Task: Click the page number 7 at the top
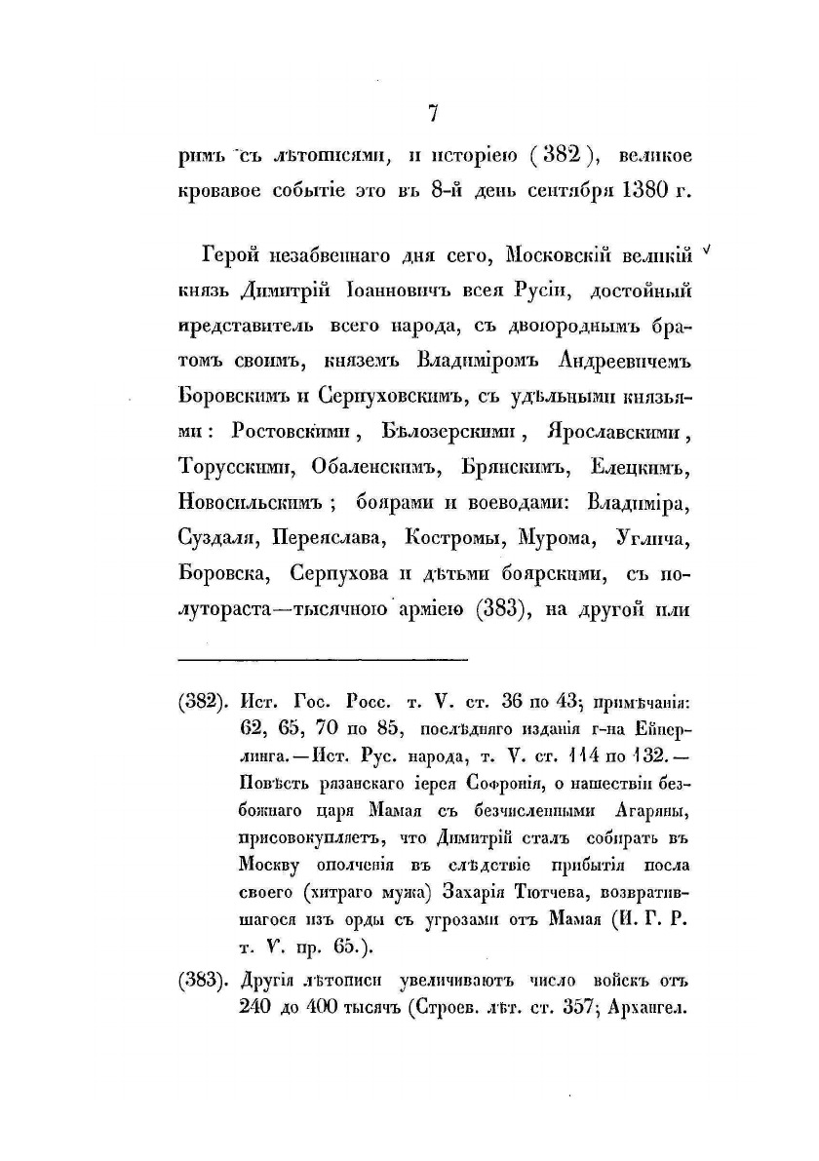[432, 114]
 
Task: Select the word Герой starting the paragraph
[233, 255]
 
